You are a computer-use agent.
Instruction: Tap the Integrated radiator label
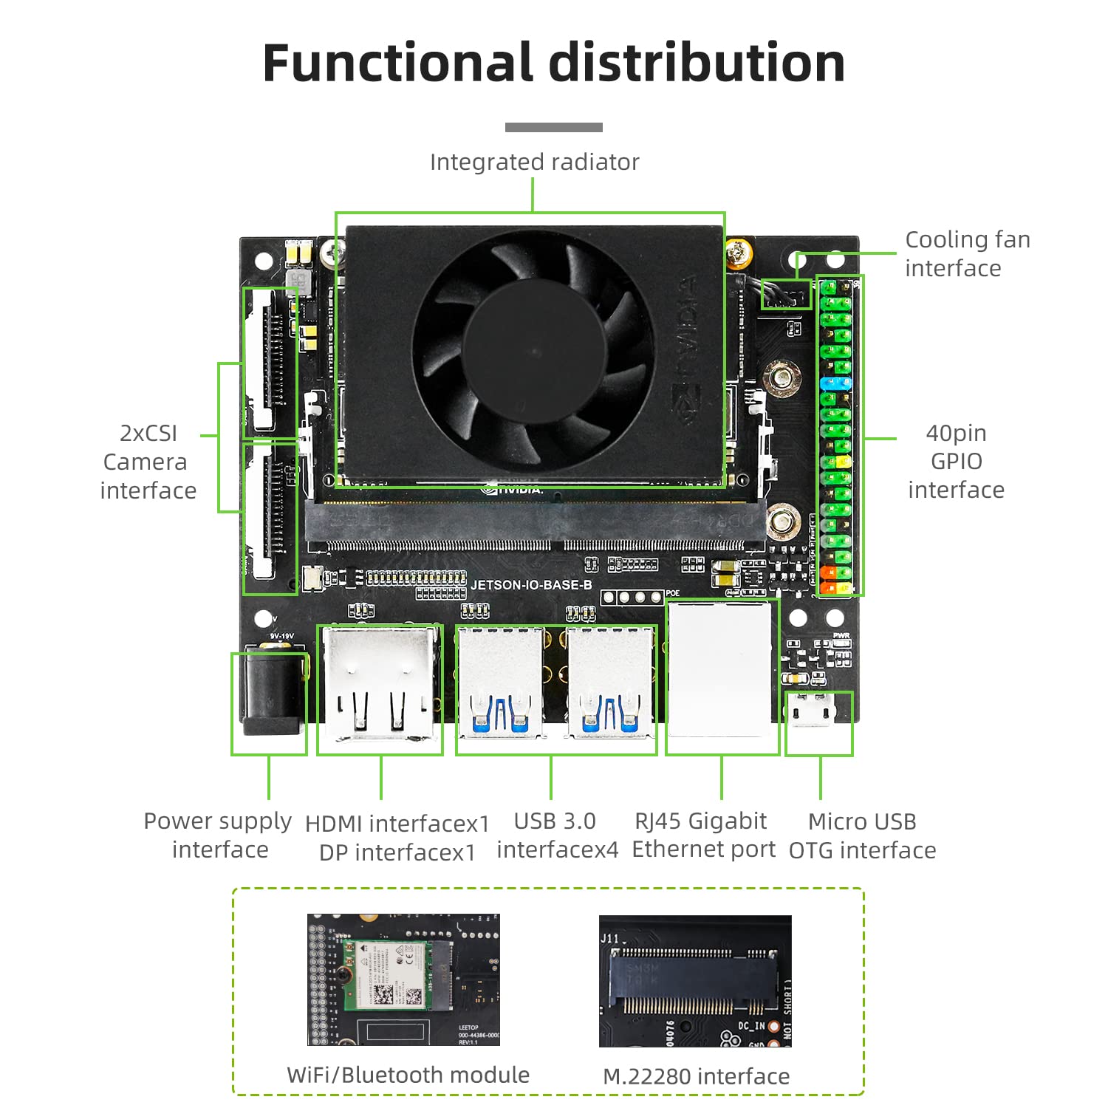click(x=534, y=162)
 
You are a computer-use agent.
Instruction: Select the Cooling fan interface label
click(x=966, y=253)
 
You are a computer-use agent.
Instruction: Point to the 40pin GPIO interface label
click(x=956, y=461)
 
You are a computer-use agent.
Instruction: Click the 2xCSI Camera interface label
click(x=148, y=462)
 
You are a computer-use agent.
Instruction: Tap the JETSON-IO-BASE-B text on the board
click(x=531, y=585)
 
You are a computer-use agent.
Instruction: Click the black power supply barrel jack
click(x=270, y=694)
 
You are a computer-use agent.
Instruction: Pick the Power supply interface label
click(x=219, y=835)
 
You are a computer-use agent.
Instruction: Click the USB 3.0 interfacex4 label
click(x=556, y=835)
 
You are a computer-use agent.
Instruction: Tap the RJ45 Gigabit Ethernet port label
click(x=702, y=835)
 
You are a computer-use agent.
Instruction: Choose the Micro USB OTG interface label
click(x=862, y=835)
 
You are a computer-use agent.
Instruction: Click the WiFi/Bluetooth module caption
click(x=408, y=1075)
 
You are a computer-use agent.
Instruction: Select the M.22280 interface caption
click(x=696, y=1076)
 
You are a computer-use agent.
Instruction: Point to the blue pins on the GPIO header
click(x=835, y=383)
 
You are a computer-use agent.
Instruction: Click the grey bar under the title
click(x=553, y=127)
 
